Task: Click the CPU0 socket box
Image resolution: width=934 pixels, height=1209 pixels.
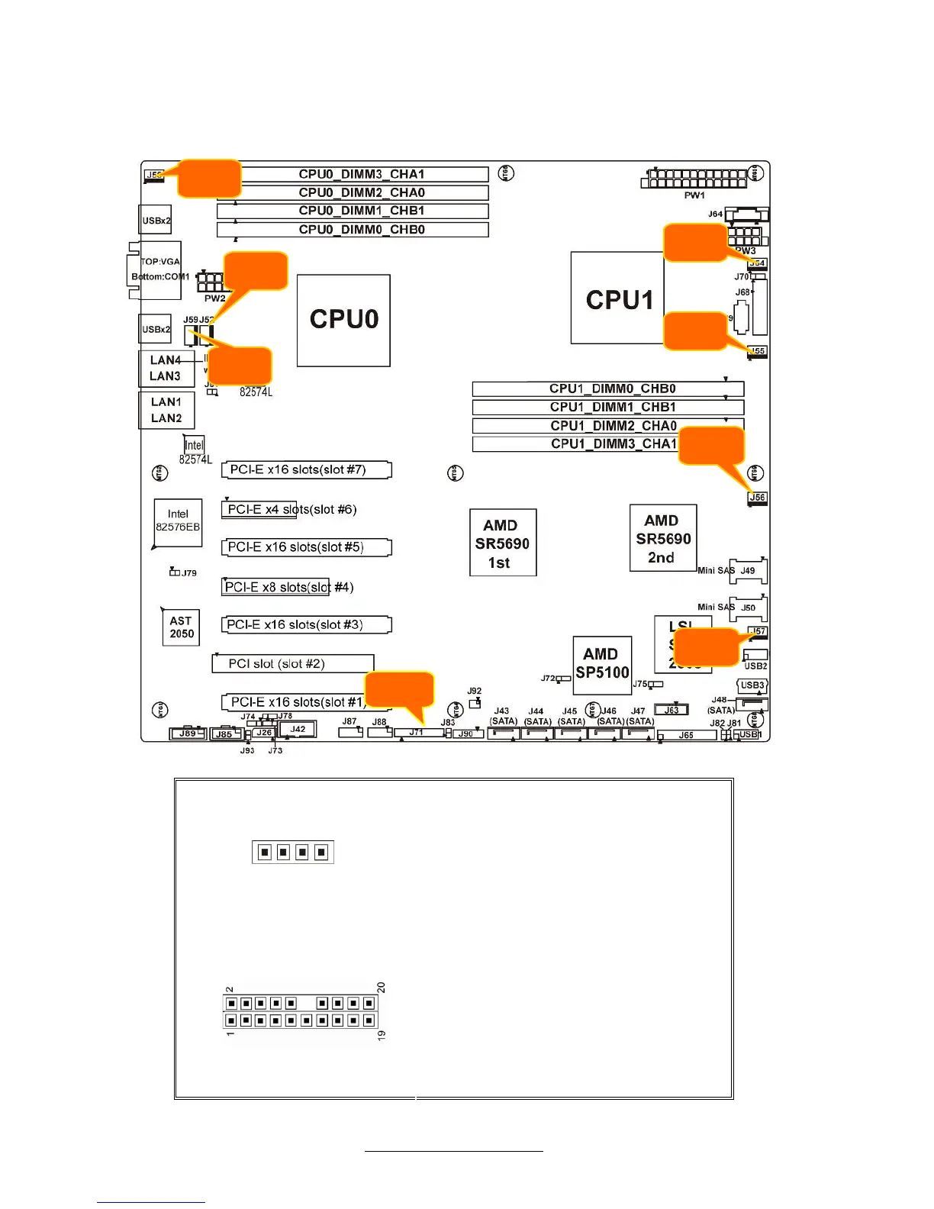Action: [343, 320]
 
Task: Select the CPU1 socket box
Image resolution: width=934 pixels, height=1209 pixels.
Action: [617, 298]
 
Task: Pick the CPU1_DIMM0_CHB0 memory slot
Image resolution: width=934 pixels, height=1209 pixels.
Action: [607, 388]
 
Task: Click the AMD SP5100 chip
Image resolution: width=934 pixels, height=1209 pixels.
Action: [602, 664]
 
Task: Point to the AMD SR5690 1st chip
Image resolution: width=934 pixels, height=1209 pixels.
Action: [502, 543]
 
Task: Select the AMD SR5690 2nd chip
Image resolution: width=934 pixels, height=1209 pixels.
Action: [662, 538]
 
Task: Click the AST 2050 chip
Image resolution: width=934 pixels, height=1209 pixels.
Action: [182, 627]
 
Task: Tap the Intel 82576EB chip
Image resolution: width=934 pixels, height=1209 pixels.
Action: [178, 521]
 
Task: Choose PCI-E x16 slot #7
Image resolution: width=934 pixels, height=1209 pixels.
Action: [306, 469]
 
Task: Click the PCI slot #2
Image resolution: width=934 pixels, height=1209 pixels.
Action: [292, 663]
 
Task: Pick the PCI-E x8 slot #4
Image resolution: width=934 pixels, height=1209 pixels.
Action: [276, 587]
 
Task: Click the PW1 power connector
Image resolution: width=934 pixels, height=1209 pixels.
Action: [694, 179]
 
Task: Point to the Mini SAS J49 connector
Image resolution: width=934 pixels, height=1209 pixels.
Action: [747, 570]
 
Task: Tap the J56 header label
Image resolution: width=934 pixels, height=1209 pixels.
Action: [756, 497]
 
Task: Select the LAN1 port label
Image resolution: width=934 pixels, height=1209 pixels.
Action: [166, 402]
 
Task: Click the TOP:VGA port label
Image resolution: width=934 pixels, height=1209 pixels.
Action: [160, 261]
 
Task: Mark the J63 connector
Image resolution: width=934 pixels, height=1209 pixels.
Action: [671, 710]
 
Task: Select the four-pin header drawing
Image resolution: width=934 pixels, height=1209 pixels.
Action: [293, 852]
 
